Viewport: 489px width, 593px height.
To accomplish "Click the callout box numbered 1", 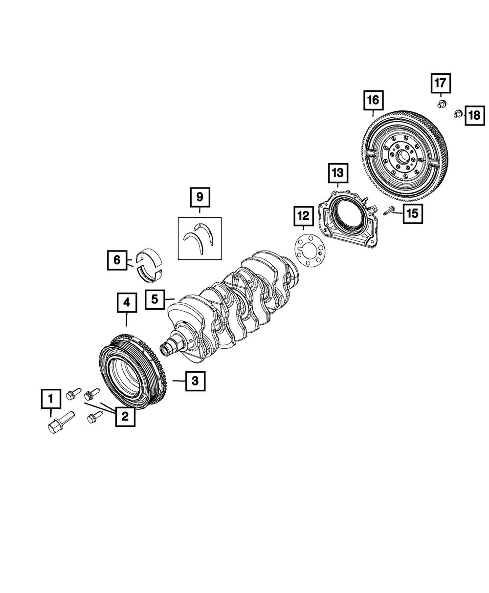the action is point(51,399).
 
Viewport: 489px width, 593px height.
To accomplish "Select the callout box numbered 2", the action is point(125,417).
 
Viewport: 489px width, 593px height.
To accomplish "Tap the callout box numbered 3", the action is point(195,381).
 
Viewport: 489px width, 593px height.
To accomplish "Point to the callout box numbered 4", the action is point(127,303).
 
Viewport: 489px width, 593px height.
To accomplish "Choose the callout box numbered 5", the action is point(155,299).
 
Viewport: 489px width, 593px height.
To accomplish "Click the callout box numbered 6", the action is point(117,260).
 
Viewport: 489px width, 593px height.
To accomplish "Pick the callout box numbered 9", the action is point(200,197).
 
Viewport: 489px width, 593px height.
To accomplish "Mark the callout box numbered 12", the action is point(304,216).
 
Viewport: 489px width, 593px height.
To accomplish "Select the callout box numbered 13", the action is point(338,173).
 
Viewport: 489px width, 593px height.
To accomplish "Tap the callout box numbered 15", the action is point(413,213).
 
